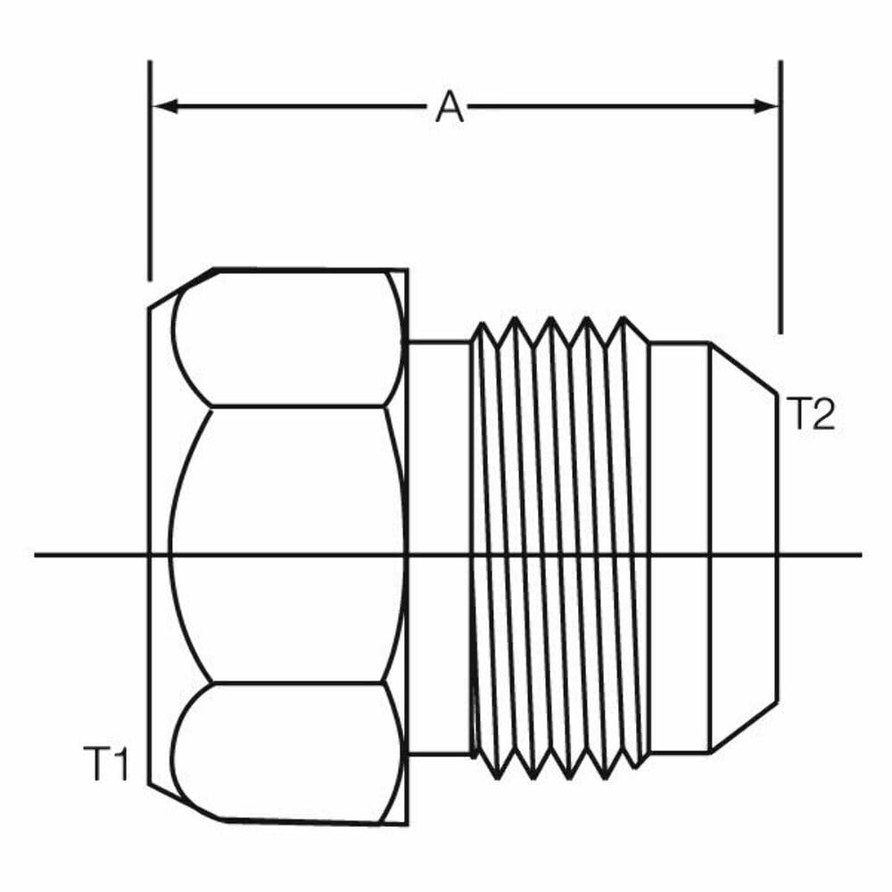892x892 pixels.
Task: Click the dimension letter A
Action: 450,108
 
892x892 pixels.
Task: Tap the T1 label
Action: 107,765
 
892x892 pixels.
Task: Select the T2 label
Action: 811,415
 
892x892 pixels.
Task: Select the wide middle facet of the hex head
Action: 285,544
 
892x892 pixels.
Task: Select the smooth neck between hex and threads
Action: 438,446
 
